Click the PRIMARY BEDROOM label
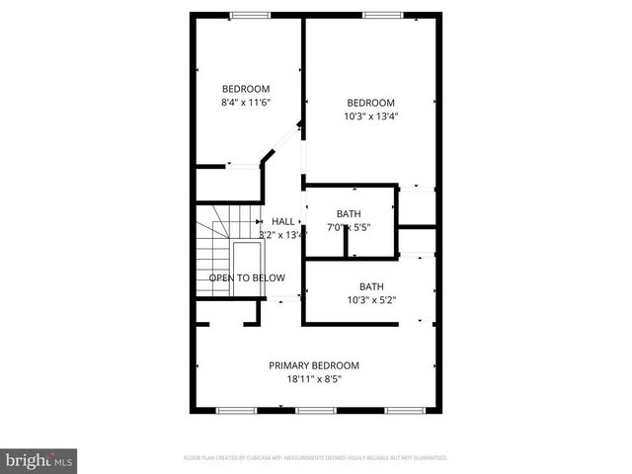pyautogui.click(x=314, y=365)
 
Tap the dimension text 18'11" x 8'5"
pyautogui.click(x=314, y=379)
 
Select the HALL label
pyautogui.click(x=282, y=221)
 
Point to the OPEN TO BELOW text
pyautogui.click(x=247, y=277)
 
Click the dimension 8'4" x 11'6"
pyautogui.click(x=246, y=102)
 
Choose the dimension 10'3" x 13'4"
pyautogui.click(x=370, y=116)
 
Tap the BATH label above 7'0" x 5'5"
pyautogui.click(x=349, y=214)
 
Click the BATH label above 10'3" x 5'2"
pyautogui.click(x=370, y=287)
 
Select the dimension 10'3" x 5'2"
pyautogui.click(x=370, y=300)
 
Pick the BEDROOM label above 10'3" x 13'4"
pyautogui.click(x=370, y=103)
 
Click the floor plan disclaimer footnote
pyautogui.click(x=316, y=458)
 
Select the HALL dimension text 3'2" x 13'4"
pyautogui.click(x=279, y=235)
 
